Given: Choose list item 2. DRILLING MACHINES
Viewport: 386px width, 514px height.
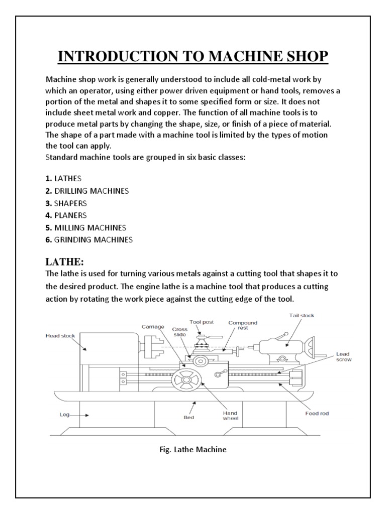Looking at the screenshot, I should coord(87,191).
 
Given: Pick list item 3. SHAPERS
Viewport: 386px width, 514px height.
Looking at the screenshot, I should coord(66,203).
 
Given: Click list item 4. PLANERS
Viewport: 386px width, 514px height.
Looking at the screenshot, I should coord(66,215).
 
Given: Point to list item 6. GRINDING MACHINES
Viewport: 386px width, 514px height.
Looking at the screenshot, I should coord(88,240).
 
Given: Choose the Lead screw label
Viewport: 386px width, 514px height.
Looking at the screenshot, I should coord(343,357).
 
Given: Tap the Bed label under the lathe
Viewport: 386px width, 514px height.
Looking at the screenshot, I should coord(188,417).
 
